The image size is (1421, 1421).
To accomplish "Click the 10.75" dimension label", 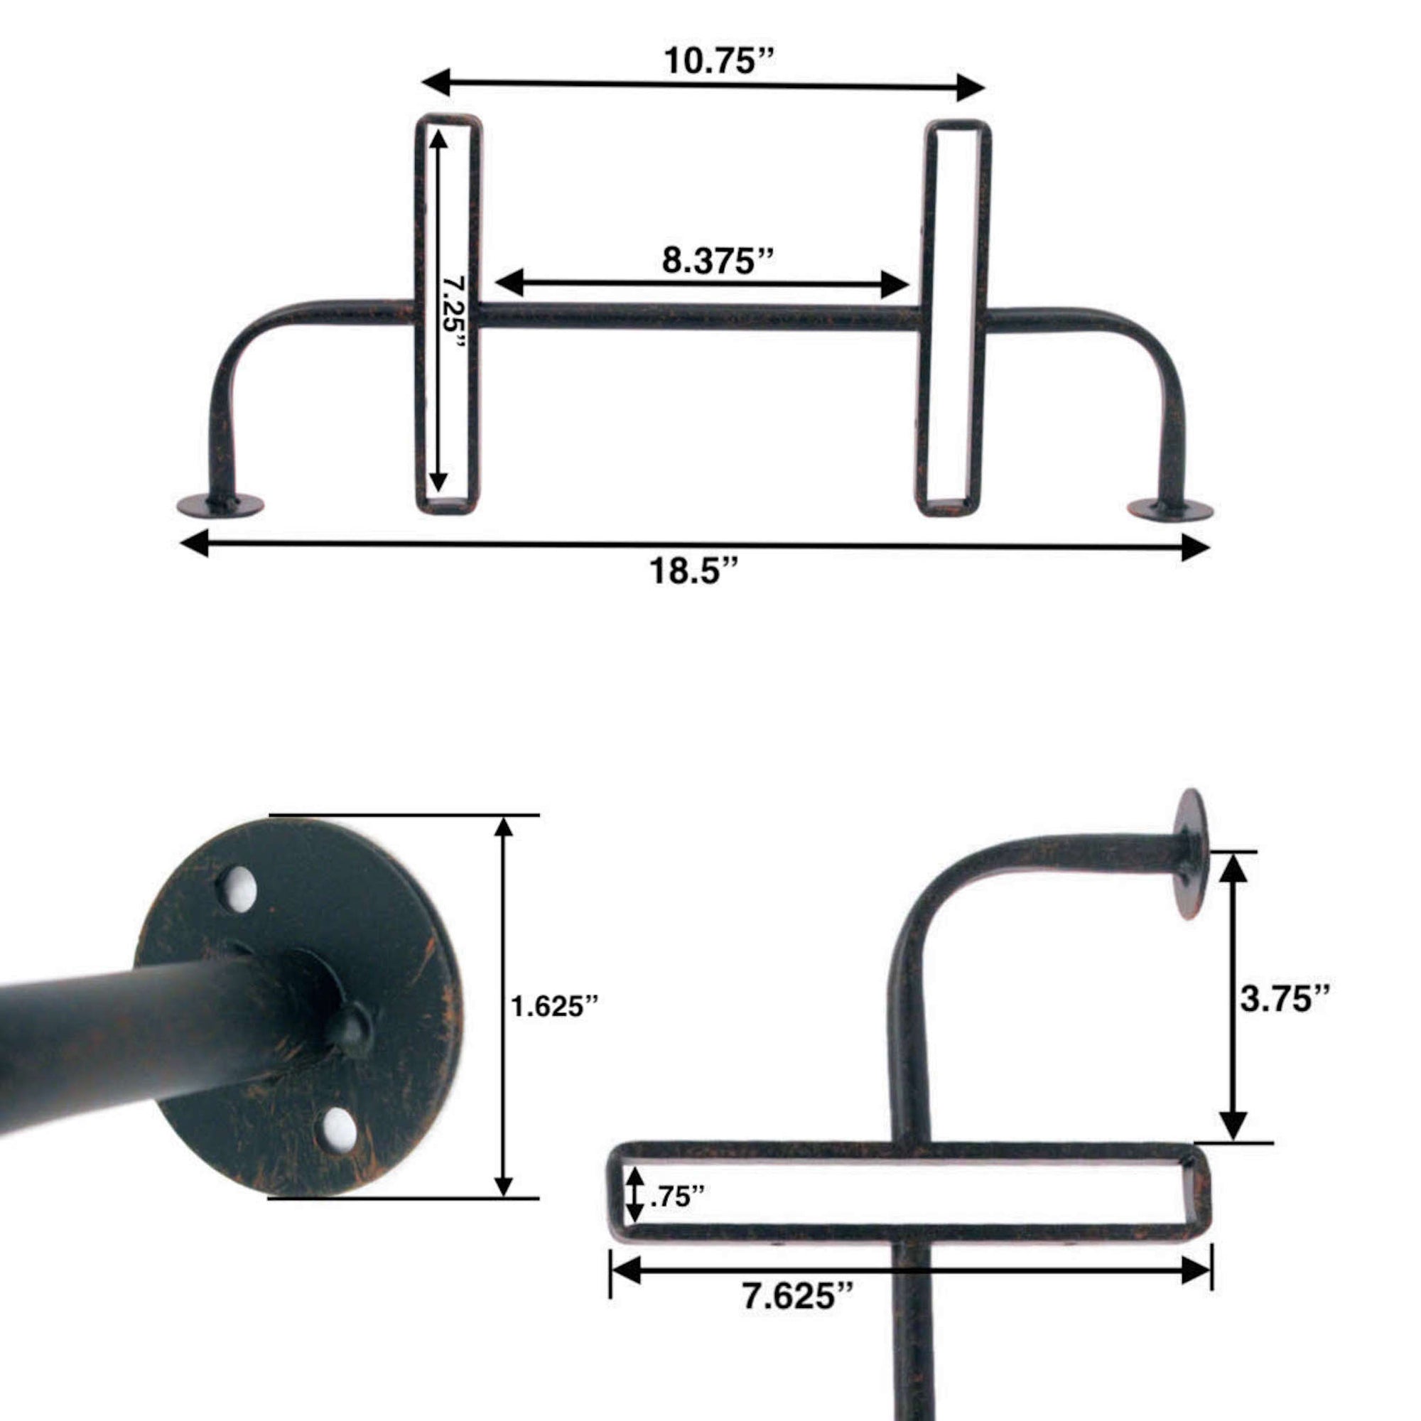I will coord(718,61).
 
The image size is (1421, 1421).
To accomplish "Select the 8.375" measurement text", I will coord(718,260).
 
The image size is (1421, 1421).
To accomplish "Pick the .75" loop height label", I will coord(676,1196).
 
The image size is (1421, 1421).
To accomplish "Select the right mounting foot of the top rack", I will coord(1170,509).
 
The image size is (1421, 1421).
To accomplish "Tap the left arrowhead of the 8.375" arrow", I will coord(509,283).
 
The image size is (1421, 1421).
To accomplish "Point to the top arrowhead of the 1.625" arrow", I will coord(503,828).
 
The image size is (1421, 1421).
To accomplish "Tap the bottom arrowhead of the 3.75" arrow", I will coord(1233,1144).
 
